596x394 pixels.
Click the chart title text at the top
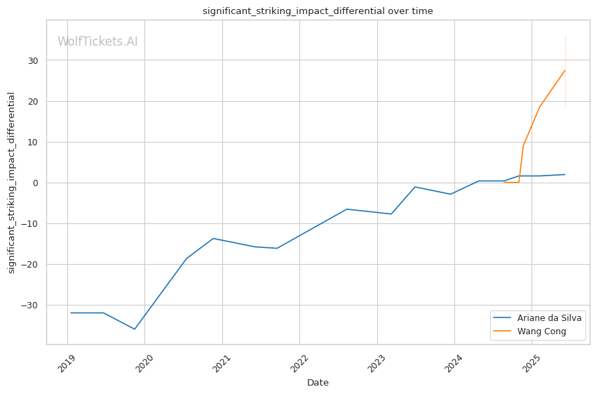tap(318, 11)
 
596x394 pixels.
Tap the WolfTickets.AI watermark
tap(97, 42)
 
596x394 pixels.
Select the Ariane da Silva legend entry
tap(549, 317)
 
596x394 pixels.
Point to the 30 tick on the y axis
tap(34, 60)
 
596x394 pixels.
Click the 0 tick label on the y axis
tap(36, 183)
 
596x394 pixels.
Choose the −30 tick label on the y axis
tap(31, 305)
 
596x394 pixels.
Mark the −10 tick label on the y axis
tap(31, 223)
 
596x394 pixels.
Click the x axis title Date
tap(318, 383)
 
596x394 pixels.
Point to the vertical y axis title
tap(12, 183)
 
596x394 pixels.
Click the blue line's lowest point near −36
tap(135, 329)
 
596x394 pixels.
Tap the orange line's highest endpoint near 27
tap(564, 70)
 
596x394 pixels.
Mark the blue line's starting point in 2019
tap(71, 313)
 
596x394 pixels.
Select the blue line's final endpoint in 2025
tap(564, 174)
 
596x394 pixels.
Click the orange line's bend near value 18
tap(539, 107)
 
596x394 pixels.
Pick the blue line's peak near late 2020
tap(212, 238)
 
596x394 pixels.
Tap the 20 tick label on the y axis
tap(34, 101)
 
